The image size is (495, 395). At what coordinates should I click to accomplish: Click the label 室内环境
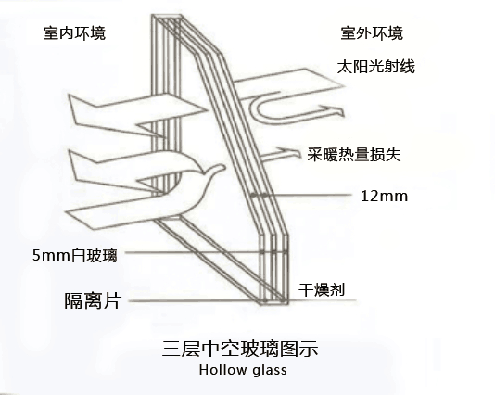(x=74, y=33)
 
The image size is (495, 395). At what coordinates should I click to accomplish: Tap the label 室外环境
(x=372, y=33)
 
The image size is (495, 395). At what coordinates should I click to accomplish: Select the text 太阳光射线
(x=376, y=67)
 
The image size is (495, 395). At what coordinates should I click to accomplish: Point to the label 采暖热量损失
(x=354, y=155)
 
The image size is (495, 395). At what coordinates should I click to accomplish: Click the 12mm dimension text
(x=384, y=196)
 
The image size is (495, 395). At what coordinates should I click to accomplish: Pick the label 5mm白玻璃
(x=75, y=255)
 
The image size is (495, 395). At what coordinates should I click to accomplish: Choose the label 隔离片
(x=93, y=300)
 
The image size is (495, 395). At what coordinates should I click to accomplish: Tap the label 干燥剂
(x=322, y=289)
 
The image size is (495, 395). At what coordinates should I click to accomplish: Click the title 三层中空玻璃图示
(x=240, y=349)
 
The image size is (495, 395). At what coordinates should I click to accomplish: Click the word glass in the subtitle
(x=270, y=370)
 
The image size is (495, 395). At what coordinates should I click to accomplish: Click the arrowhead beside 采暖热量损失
(x=289, y=151)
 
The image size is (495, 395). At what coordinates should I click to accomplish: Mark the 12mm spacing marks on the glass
(x=260, y=196)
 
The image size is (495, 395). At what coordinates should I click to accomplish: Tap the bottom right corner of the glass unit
(x=288, y=304)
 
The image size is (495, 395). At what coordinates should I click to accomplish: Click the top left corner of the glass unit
(x=152, y=15)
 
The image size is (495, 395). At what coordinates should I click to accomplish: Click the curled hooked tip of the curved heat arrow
(x=218, y=168)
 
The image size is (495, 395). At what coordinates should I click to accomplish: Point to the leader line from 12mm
(x=311, y=195)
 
